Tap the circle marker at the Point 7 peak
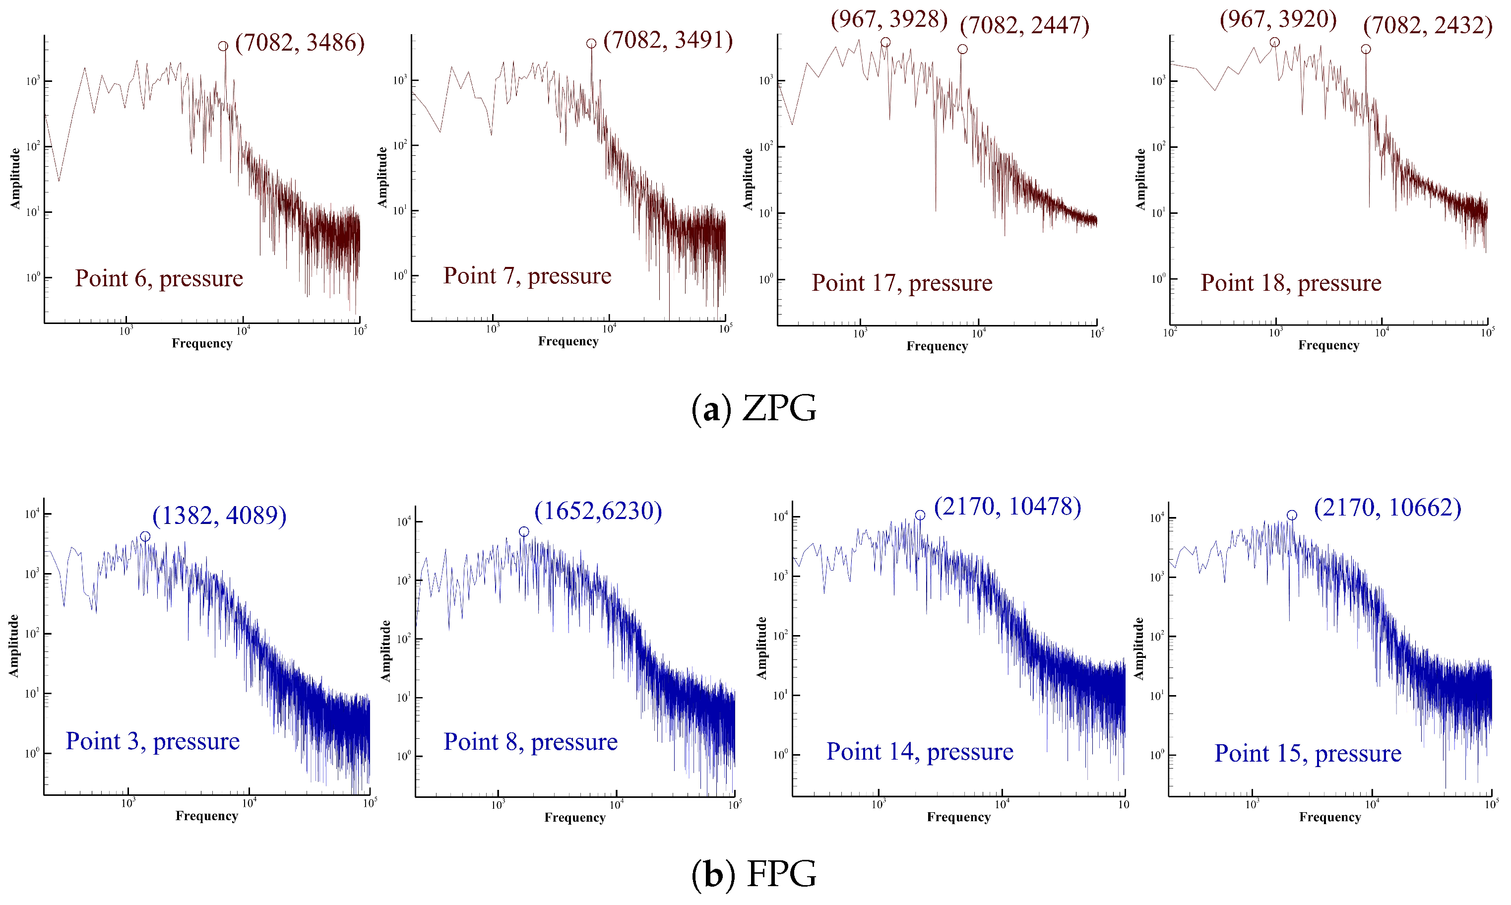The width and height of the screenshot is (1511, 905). click(591, 43)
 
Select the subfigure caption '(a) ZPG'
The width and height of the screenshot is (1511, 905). click(754, 409)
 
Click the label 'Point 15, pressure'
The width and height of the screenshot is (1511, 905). click(1308, 753)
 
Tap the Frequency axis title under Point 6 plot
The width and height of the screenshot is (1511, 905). click(202, 343)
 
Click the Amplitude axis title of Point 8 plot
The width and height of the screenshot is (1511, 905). click(386, 650)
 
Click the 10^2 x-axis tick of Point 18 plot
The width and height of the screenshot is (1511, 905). click(1169, 333)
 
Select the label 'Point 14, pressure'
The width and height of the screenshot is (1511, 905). click(919, 751)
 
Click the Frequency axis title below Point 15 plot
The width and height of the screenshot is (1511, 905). click(1329, 817)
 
